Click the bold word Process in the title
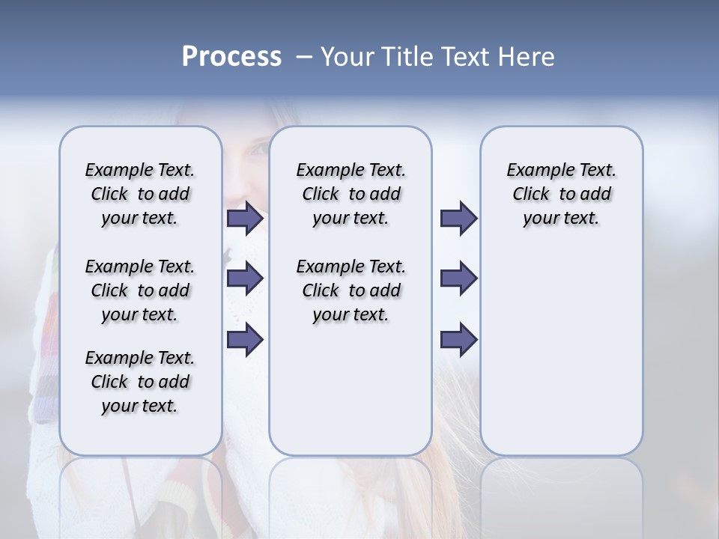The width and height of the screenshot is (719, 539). click(231, 57)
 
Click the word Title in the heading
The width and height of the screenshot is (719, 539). click(404, 57)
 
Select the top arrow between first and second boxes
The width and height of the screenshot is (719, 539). click(244, 218)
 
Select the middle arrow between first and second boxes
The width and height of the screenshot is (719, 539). click(244, 278)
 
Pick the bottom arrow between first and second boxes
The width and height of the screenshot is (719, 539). click(244, 339)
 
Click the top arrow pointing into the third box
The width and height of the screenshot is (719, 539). click(458, 218)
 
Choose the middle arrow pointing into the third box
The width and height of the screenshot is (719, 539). click(458, 278)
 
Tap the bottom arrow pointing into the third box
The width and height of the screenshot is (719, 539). click(458, 339)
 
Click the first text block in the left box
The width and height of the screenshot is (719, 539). click(140, 194)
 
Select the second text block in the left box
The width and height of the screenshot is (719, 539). click(140, 290)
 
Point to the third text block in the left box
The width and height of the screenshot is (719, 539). click(140, 382)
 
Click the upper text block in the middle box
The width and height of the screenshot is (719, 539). click(351, 194)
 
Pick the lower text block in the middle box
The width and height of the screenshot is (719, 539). click(351, 290)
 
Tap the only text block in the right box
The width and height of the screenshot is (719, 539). click(561, 194)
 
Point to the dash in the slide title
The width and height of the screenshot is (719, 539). click(303, 57)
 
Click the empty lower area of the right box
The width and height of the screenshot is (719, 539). click(561, 359)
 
